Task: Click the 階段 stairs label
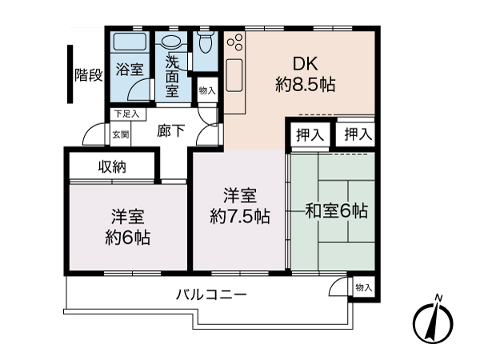(x=89, y=76)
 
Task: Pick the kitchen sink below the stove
(x=237, y=77)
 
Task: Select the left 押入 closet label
(x=310, y=134)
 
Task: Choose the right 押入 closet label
(x=356, y=134)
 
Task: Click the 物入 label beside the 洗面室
(x=206, y=91)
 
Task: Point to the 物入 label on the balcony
(x=363, y=287)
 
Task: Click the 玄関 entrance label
(x=120, y=134)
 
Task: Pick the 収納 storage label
(x=114, y=167)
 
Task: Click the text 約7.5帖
(x=240, y=216)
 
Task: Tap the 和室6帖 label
(x=336, y=211)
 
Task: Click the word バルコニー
(x=211, y=294)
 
